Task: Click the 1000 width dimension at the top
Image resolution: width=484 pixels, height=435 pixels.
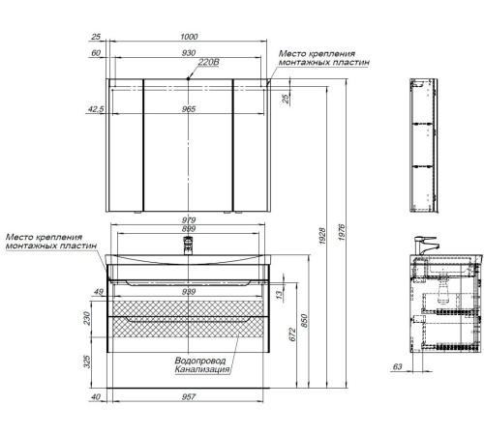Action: pos(189,37)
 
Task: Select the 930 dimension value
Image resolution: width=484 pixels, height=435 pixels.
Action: pos(189,53)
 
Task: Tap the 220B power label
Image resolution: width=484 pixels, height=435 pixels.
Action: pos(208,62)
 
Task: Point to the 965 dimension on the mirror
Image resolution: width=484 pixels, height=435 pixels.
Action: pos(189,109)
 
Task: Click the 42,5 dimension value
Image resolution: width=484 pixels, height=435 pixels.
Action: pos(96,109)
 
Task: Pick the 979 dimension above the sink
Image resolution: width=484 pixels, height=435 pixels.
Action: pos(189,220)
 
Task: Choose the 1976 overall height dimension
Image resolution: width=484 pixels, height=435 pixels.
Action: pos(342,232)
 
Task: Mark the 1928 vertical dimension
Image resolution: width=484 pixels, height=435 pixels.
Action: pos(322,236)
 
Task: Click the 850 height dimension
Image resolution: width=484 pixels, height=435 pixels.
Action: pos(304,321)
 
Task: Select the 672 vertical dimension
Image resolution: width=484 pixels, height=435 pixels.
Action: pos(292,334)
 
